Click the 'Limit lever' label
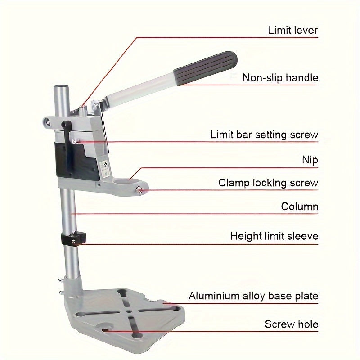tap(293, 30)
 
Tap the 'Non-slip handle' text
tap(280, 77)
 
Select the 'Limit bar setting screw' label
tap(264, 135)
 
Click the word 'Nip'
tap(310, 160)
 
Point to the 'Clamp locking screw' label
tap(268, 183)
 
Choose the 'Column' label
tap(300, 207)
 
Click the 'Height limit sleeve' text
tap(274, 236)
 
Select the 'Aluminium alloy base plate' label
tap(253, 296)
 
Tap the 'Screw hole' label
tap(292, 324)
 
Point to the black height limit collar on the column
tap(73, 239)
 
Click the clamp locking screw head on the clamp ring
tap(139, 189)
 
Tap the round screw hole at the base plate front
tap(105, 330)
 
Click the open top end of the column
tap(61, 87)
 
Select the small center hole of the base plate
tap(129, 311)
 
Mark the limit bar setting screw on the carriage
tap(75, 141)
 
